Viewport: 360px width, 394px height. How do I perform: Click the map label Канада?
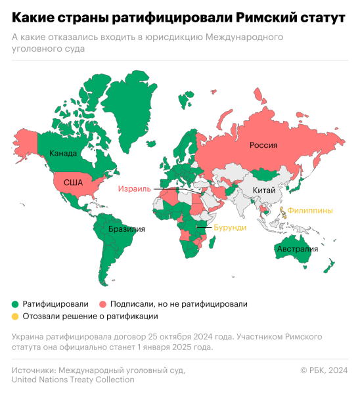tap(64, 154)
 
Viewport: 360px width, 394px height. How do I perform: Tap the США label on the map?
tap(72, 183)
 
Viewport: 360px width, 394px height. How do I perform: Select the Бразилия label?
tap(127, 229)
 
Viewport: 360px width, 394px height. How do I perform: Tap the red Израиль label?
tap(134, 189)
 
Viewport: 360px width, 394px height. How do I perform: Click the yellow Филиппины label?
tap(310, 210)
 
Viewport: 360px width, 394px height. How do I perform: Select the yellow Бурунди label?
tap(231, 227)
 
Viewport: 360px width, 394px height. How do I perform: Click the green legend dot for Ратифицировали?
tap(14, 304)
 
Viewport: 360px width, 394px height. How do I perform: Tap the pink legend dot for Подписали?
tap(104, 304)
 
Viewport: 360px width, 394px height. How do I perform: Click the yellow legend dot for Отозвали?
tap(14, 316)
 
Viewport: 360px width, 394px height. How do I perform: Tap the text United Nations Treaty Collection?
tap(73, 380)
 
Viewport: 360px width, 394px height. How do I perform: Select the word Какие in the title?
tap(32, 17)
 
